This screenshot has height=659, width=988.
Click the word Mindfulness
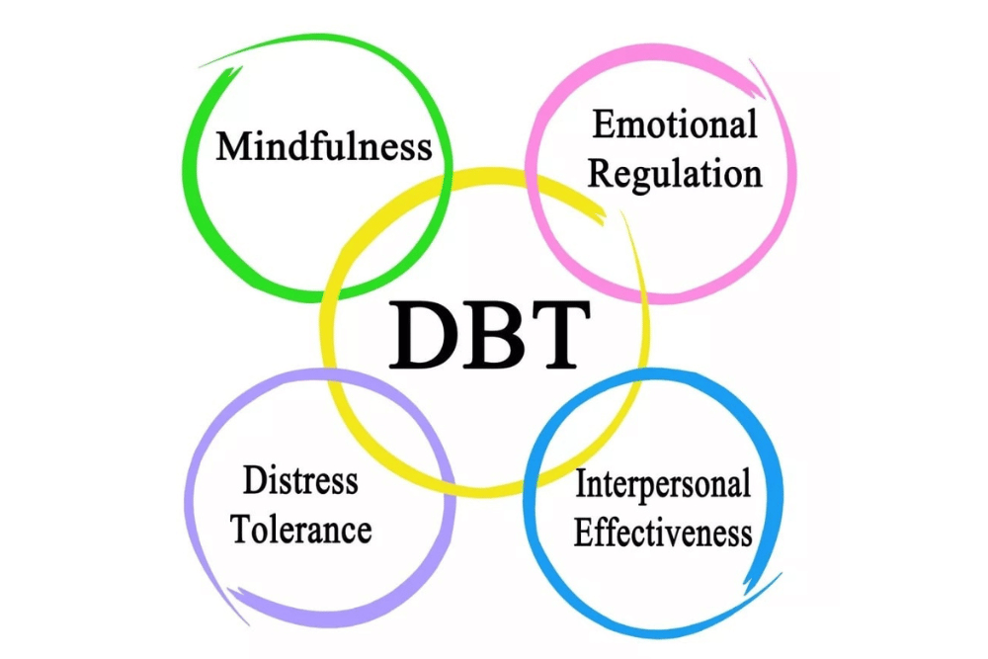(324, 147)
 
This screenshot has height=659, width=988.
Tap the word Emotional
(675, 126)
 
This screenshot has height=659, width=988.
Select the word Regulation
(675, 175)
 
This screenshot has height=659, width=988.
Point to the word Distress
(300, 482)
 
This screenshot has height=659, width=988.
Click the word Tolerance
(300, 530)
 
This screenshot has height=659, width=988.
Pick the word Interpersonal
(662, 486)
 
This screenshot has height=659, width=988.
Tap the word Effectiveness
(662, 534)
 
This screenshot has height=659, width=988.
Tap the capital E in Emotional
(603, 126)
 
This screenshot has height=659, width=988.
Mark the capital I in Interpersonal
(581, 485)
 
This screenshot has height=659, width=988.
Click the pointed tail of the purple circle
(231, 592)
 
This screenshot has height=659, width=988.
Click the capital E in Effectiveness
(584, 534)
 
